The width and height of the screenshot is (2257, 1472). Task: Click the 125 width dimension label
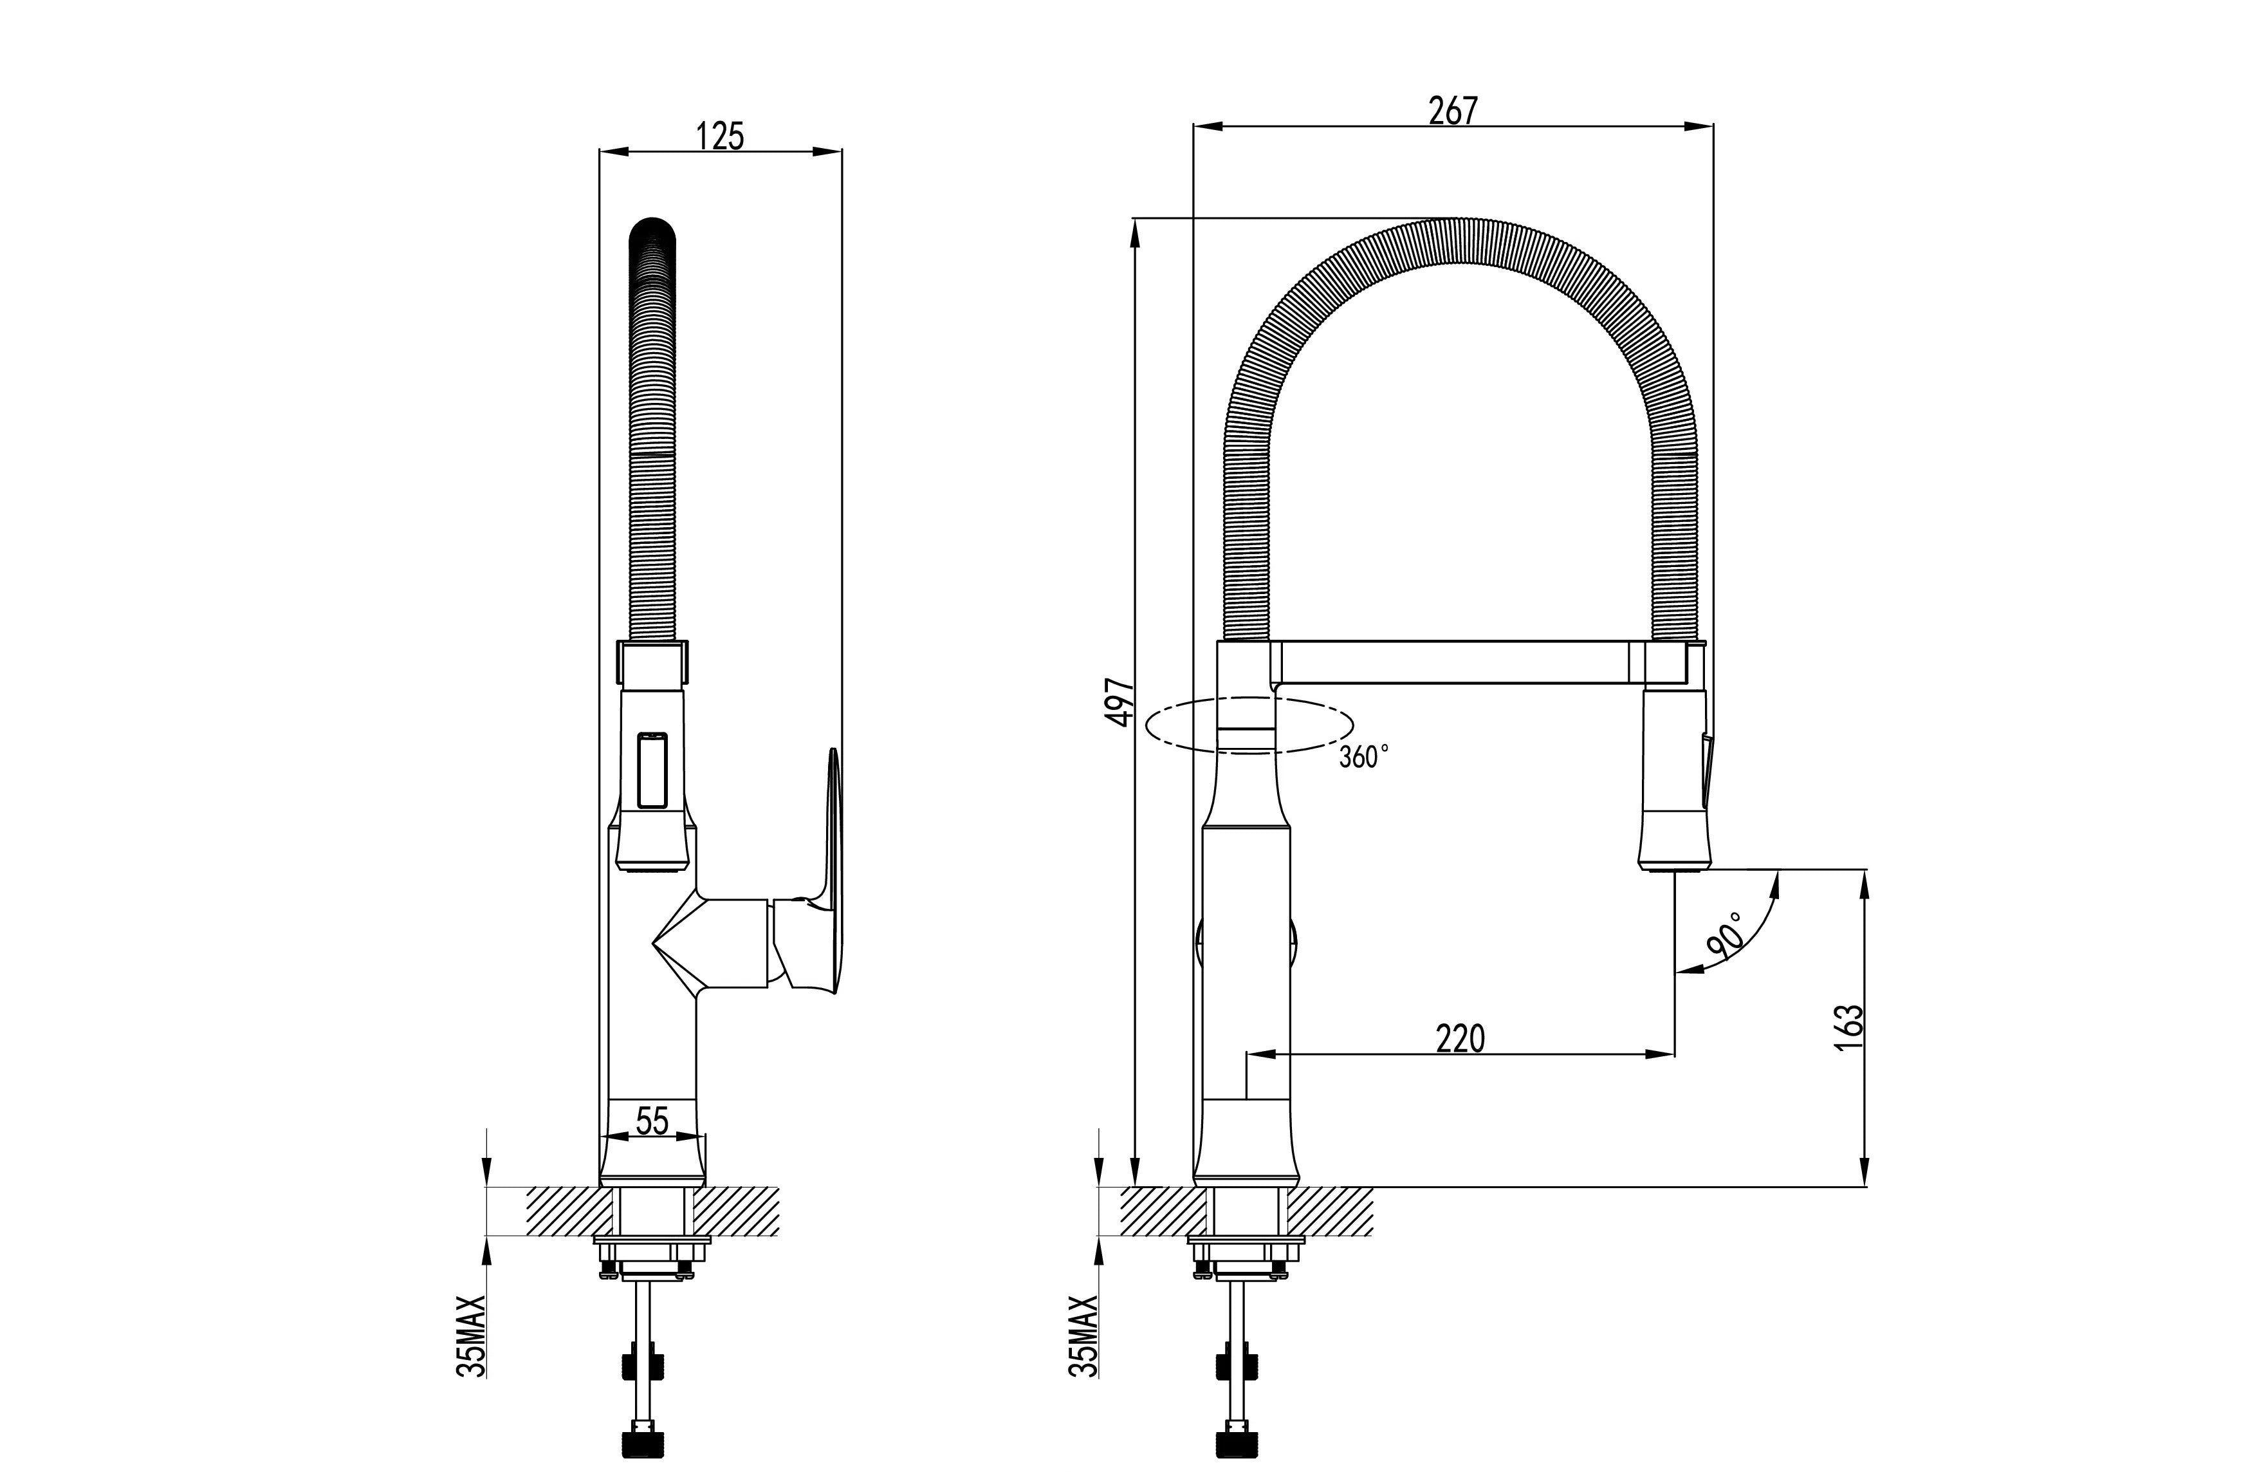coord(720,136)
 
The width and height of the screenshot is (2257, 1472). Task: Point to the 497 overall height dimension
coord(1122,702)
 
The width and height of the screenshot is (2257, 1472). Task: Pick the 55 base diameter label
coord(652,1121)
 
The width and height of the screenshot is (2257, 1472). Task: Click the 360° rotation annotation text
coord(1364,757)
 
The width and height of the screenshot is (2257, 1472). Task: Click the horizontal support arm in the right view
coord(1451,661)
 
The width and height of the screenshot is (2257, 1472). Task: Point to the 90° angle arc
coord(1749,934)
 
